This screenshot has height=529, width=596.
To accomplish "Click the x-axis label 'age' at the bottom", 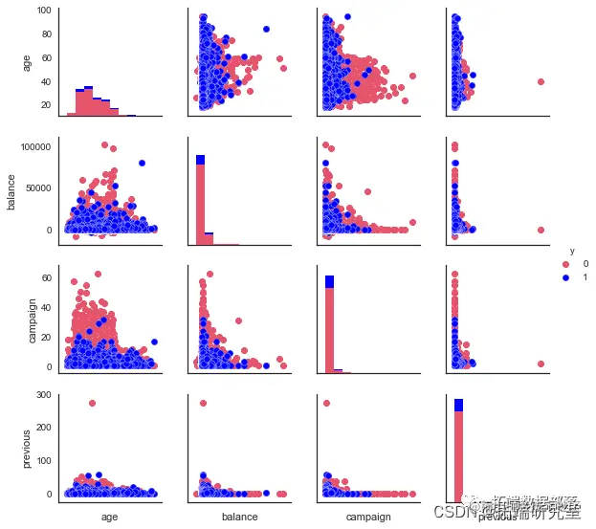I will [110, 517].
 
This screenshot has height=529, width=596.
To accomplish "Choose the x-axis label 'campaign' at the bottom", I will [367, 517].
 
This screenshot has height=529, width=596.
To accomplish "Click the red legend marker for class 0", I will [566, 264].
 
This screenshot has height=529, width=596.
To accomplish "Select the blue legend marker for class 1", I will [566, 276].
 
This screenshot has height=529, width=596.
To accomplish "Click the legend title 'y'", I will [571, 251].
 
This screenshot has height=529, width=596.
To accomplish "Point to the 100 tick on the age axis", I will [45, 11].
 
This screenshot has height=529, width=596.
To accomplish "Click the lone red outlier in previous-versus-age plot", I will [92, 403].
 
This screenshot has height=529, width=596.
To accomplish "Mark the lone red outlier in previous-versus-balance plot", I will [204, 403].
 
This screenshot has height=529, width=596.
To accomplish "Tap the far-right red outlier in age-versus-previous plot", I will [541, 82].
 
